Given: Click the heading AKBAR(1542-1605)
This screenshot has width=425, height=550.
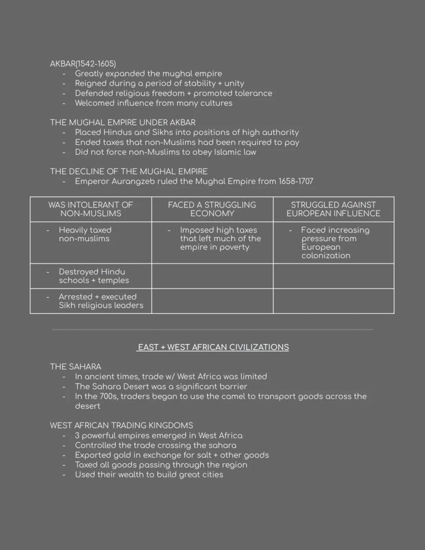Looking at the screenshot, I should click(83, 64).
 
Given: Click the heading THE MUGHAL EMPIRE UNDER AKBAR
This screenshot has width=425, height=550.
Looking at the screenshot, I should click(122, 123).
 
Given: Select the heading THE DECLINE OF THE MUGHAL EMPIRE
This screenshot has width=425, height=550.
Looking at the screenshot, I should click(128, 172).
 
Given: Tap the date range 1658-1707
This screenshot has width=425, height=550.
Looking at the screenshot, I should click(296, 181).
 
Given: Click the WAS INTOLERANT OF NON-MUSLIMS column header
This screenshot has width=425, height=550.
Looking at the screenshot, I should click(90, 209).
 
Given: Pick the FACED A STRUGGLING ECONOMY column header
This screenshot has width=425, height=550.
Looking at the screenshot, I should click(211, 209).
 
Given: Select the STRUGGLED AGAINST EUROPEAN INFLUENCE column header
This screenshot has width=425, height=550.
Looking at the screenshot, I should click(333, 209).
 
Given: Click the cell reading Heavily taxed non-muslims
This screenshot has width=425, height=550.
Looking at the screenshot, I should click(85, 234).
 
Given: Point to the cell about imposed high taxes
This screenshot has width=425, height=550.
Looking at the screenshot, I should click(220, 238).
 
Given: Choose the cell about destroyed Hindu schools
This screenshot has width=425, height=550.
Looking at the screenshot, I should click(93, 276).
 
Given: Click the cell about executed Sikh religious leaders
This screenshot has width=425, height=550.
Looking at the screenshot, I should click(101, 301).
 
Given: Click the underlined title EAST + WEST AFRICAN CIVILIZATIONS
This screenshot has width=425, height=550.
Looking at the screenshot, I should click(212, 347).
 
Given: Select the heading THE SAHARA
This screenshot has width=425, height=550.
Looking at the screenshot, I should click(75, 367).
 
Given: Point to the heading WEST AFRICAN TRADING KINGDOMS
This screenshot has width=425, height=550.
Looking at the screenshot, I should click(121, 425).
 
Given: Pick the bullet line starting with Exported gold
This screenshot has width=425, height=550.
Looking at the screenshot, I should click(171, 455).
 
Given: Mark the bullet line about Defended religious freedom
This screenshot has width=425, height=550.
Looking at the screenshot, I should click(173, 93).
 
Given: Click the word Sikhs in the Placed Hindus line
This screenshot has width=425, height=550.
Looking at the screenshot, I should click(164, 132).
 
